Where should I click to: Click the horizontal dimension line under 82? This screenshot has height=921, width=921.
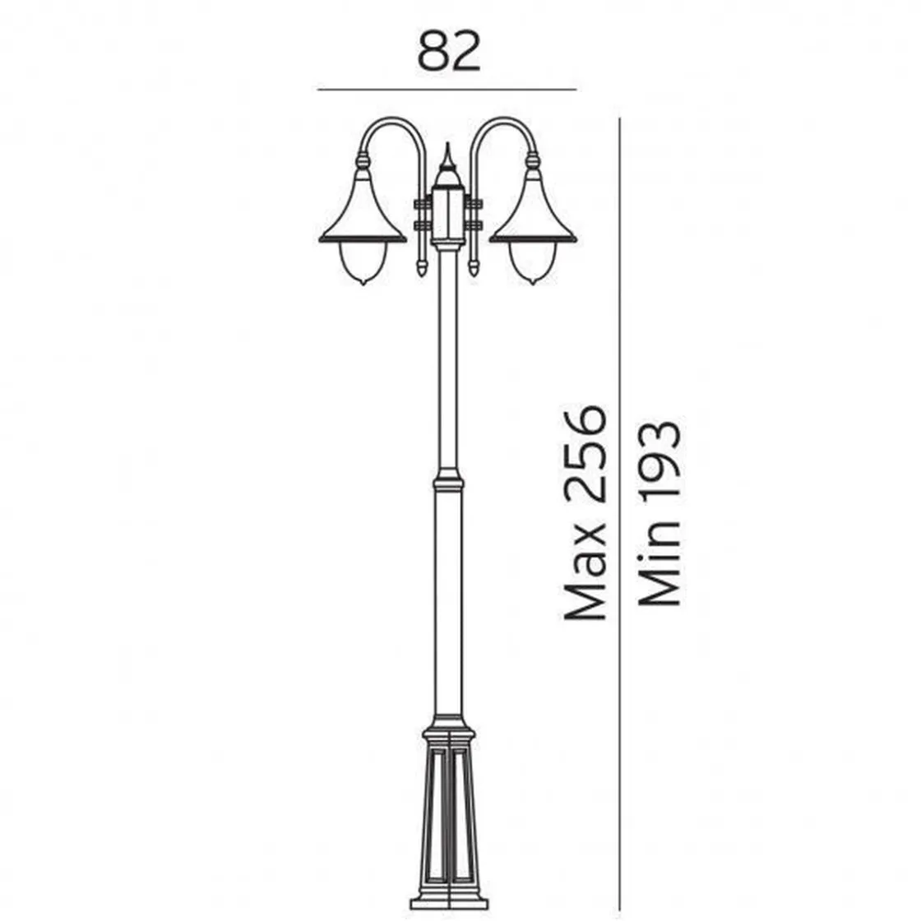pyautogui.click(x=447, y=90)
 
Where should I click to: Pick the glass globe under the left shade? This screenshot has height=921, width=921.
pyautogui.click(x=363, y=263)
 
